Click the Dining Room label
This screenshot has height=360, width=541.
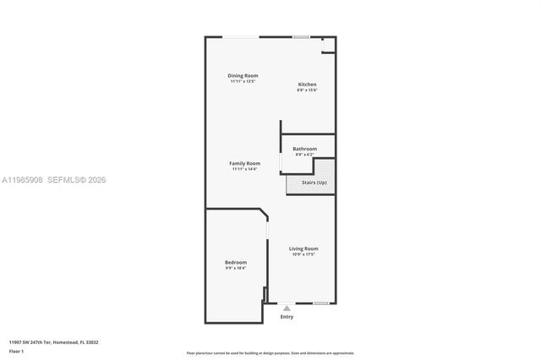pos(243,76)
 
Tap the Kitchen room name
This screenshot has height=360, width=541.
pos(307,85)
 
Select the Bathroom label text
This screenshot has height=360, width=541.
pos(305,149)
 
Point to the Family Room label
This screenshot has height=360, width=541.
pos(244,163)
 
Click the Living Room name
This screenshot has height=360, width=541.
pos(303,248)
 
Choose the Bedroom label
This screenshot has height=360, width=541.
pos(236,263)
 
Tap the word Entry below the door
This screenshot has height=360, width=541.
pos(287,317)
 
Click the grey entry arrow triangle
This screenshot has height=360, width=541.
pos(287,308)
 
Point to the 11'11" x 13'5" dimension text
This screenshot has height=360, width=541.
pos(243,82)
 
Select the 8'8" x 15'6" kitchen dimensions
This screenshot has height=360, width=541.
pos(307,90)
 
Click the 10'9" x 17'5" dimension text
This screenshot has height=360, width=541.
pos(303,254)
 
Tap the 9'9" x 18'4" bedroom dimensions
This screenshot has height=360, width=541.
pos(236,269)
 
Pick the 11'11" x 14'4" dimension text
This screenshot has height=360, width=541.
pos(244,169)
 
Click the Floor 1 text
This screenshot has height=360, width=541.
pos(16,351)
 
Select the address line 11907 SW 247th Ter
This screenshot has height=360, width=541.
pos(53,342)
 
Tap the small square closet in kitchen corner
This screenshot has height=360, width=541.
pos(328,44)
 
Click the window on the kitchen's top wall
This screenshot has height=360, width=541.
pos(300,36)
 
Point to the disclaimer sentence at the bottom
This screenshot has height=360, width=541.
pos(270,353)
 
